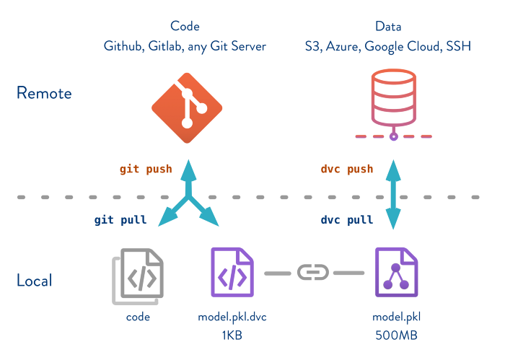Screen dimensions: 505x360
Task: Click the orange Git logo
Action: pos(187,108)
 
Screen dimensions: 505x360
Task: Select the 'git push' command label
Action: pos(146,169)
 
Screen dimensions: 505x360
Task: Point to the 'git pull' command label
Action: pos(120,220)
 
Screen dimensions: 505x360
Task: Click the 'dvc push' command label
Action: pos(347,169)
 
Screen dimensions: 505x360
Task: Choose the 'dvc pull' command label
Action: pos(347,220)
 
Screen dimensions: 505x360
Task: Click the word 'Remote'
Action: pos(44,93)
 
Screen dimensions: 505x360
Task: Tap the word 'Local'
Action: pos(34,280)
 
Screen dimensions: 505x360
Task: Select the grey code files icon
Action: pos(138,276)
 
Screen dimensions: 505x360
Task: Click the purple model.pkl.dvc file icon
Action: pos(232,272)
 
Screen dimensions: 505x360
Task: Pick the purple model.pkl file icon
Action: pos(397,272)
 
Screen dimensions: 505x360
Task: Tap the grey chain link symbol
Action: pos(313,273)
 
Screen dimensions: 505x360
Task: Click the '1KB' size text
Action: pos(232,335)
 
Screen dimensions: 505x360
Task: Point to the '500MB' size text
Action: pos(397,335)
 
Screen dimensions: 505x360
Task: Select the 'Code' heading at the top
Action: pos(185,26)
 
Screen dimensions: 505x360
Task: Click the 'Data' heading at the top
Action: pos(388,26)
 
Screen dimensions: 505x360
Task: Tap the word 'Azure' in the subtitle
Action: pos(343,47)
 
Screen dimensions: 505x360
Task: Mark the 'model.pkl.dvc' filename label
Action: pos(232,317)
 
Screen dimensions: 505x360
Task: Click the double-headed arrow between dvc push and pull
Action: pos(393,195)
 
